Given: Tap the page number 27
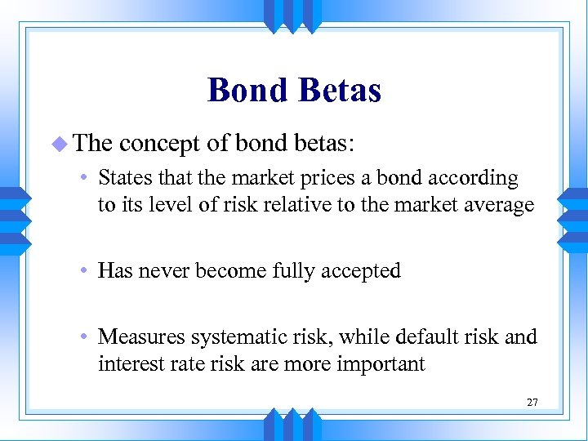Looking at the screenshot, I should [532, 402].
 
